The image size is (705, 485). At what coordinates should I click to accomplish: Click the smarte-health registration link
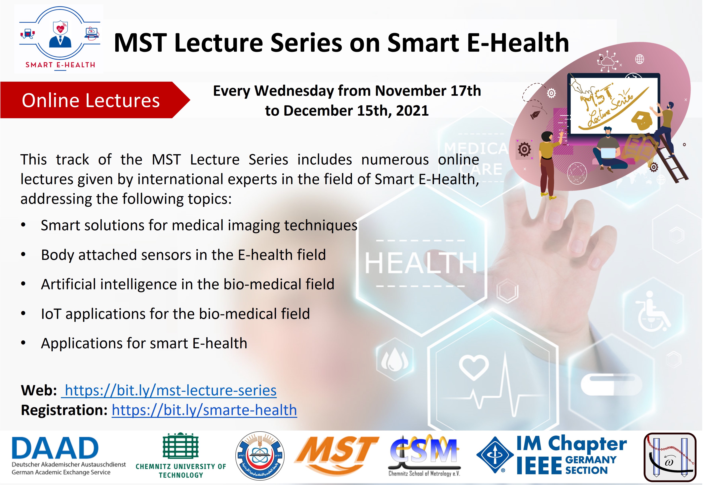tap(204, 410)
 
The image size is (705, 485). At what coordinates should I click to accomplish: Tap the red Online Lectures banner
tap(95, 100)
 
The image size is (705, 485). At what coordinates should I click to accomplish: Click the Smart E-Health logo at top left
tap(60, 39)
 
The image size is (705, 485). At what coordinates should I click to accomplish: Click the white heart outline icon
tap(473, 367)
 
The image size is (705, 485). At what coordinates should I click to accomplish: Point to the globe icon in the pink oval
tap(640, 59)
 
